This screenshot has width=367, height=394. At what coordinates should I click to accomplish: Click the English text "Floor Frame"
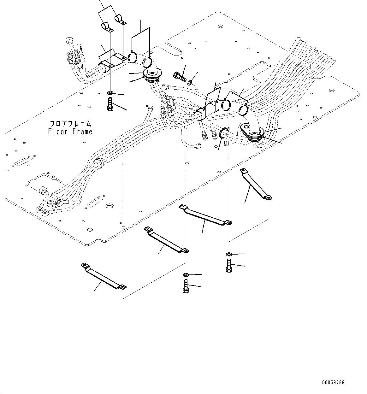click(x=70, y=131)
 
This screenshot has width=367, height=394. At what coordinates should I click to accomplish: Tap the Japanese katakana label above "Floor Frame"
click(x=70, y=123)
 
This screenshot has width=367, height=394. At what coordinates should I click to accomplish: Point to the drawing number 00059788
click(x=333, y=383)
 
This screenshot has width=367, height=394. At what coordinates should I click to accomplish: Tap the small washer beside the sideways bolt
click(x=190, y=83)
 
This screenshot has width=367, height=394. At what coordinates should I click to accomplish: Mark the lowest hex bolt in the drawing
click(x=186, y=286)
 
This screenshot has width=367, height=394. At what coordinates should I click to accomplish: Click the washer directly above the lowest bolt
click(x=186, y=275)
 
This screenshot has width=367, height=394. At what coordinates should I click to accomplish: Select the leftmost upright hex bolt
click(x=110, y=104)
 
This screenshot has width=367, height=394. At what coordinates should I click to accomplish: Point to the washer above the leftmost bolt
click(x=110, y=93)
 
